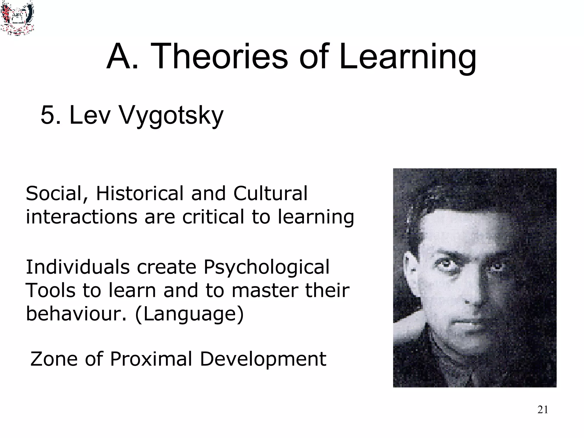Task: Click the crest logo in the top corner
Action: [x=17, y=18]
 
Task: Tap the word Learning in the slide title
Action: [x=407, y=57]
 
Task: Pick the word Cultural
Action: [x=270, y=194]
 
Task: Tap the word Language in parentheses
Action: [x=189, y=314]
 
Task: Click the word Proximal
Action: [x=151, y=359]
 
